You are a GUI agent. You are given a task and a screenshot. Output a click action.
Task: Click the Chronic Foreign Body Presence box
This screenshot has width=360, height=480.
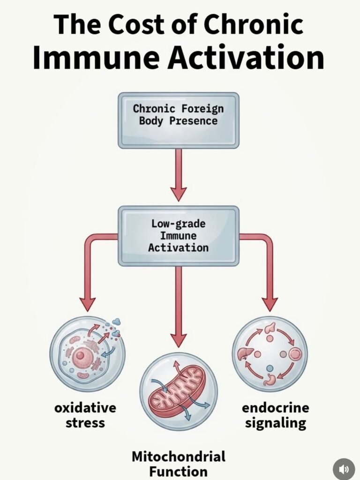point(178,120)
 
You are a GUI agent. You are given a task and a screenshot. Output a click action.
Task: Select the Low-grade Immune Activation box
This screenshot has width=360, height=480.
point(178,236)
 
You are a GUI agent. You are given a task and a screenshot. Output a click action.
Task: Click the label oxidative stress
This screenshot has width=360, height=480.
point(85,415)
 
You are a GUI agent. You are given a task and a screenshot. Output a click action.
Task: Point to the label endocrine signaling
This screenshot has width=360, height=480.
point(275,415)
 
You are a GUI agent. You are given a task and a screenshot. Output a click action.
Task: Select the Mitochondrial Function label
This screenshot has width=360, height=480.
point(178,463)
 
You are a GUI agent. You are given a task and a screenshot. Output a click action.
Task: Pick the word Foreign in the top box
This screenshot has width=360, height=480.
point(199,109)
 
